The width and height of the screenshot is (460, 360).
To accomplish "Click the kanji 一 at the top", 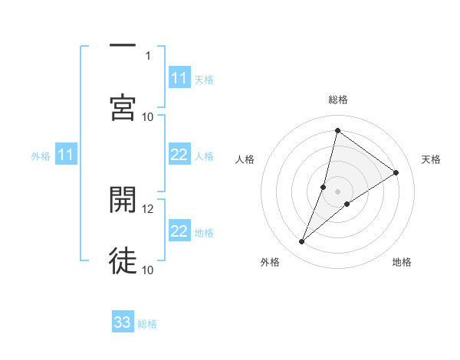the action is [123, 47].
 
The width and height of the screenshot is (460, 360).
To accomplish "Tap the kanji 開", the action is [123, 200].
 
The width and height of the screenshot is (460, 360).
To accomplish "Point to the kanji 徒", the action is [123, 260].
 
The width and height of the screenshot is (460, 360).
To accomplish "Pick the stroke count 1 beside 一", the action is [147, 55].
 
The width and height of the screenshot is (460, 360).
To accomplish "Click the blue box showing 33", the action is [123, 322].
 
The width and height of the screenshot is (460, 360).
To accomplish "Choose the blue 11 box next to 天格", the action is [179, 78].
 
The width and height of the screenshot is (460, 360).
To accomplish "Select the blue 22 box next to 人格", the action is [179, 155].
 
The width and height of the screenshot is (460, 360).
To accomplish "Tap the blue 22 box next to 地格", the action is [179, 231].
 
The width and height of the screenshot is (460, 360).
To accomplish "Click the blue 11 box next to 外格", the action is [66, 155].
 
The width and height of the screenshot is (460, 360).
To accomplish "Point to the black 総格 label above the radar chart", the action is [338, 100].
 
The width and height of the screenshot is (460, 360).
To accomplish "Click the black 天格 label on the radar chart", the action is [431, 159].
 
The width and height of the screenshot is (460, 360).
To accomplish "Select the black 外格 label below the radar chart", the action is [270, 262].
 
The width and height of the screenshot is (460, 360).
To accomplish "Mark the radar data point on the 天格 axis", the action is [396, 172].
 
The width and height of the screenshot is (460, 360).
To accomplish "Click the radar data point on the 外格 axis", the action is [302, 242].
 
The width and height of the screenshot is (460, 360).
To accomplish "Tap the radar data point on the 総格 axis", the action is [337, 130].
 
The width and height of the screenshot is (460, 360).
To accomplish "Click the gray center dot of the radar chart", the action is [338, 191].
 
